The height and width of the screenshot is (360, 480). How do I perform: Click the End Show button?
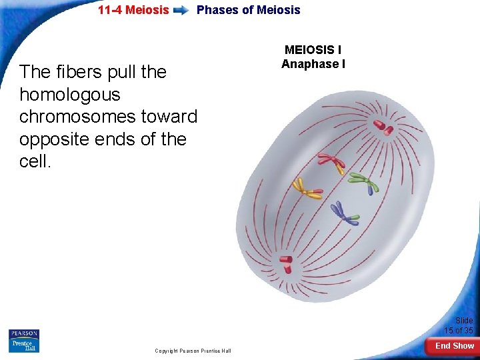click(455, 345)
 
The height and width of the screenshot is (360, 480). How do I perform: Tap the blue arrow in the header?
click(181, 11)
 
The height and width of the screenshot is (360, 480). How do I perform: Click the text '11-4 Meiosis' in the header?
click(133, 10)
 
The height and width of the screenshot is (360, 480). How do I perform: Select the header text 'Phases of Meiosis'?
click(248, 10)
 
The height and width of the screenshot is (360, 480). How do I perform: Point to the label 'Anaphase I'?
click(313, 64)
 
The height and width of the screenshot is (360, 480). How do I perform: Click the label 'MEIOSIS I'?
click(313, 50)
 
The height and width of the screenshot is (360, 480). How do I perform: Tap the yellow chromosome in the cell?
click(307, 189)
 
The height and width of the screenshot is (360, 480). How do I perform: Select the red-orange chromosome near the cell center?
click(331, 163)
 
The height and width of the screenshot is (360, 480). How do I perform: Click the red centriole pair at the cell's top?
click(383, 126)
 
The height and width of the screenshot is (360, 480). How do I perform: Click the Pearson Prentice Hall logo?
click(24, 340)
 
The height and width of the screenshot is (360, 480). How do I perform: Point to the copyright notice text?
click(193, 351)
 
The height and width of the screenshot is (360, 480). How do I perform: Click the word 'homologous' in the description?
click(70, 94)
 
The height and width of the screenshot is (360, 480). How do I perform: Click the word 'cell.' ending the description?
click(35, 162)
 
